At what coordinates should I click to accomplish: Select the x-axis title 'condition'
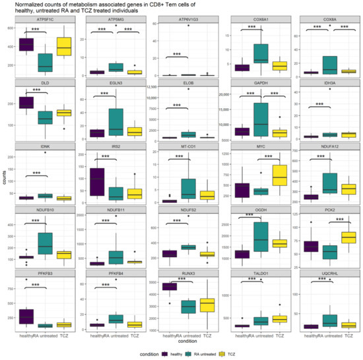point(186,340)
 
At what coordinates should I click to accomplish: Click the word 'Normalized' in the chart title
point(22,5)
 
